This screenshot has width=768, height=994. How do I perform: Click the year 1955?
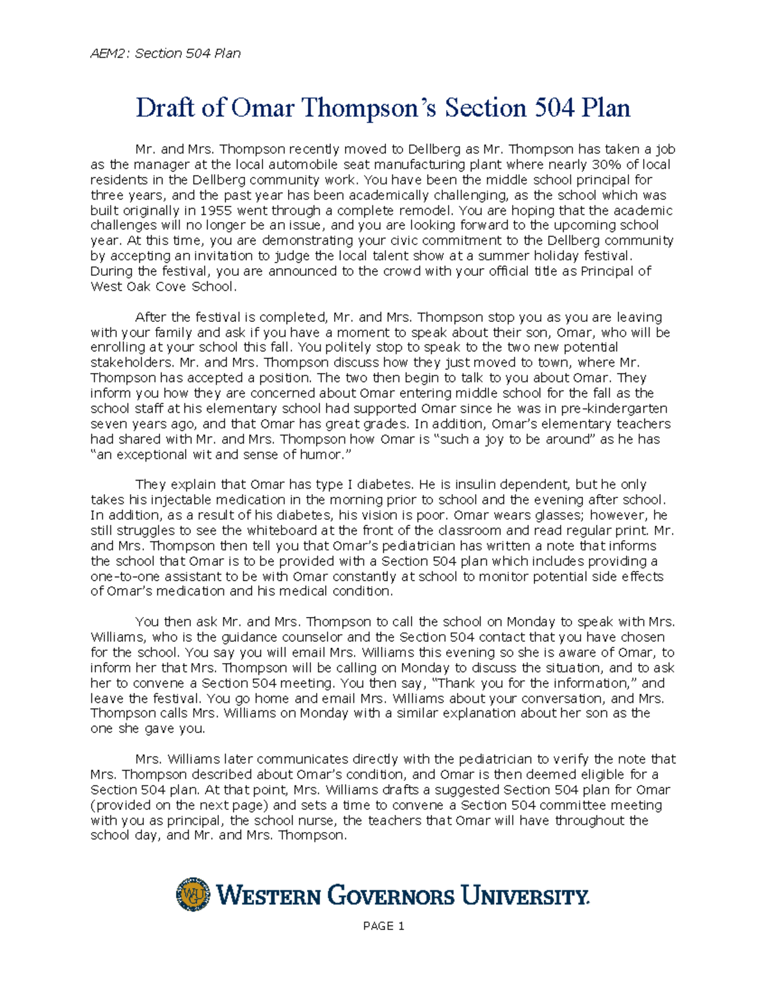point(216,211)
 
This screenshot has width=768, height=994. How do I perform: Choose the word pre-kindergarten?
point(612,408)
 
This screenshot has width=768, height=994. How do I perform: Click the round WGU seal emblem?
point(193,894)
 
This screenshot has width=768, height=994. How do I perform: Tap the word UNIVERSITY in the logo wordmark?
point(524,895)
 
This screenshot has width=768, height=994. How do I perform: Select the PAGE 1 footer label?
point(383,926)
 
